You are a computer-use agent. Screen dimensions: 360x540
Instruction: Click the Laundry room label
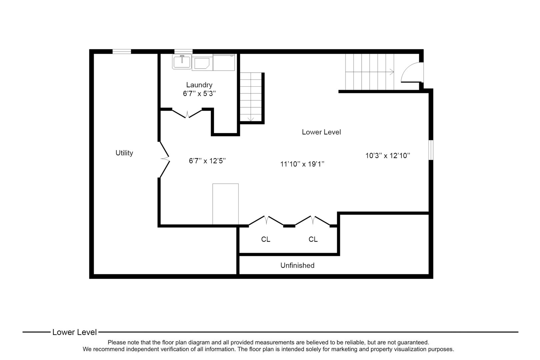pos(199,85)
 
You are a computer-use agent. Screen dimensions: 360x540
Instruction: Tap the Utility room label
pos(124,153)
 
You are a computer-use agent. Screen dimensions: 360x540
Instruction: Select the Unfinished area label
pos(297,265)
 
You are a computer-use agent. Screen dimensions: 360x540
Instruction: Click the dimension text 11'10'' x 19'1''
pos(302,164)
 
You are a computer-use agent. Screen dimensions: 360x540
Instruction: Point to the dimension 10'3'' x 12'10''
pos(387,155)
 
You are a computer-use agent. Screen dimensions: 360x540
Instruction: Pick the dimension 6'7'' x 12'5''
pos(207,161)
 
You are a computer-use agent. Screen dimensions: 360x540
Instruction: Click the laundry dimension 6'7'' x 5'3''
pos(199,94)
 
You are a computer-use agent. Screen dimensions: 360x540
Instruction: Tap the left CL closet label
pos(266,239)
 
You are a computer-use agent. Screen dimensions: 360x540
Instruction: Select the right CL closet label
pos(313,239)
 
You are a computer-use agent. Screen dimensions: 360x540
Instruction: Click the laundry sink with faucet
pos(182,62)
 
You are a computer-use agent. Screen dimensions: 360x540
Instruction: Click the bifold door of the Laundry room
pos(187,113)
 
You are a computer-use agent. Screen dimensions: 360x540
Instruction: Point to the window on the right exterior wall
pos(431,150)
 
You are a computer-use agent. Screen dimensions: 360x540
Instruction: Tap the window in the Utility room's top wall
pos(121,51)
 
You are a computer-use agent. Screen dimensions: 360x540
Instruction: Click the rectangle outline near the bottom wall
pos(225,204)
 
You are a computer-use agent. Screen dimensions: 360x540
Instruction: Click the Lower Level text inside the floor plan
pos(321,132)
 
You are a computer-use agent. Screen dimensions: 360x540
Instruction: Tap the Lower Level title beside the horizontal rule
pos(74,332)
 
